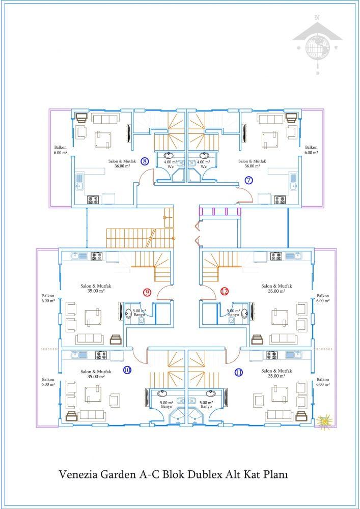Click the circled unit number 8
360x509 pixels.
(145, 161)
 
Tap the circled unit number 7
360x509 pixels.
(248, 180)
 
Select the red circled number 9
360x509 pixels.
(147, 292)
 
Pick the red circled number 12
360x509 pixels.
(225, 292)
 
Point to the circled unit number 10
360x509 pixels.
(127, 370)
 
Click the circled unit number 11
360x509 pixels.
(239, 373)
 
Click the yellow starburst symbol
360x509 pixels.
(324, 421)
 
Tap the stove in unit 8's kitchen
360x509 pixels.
(94, 200)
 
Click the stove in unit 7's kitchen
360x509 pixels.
(280, 200)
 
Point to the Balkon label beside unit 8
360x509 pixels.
(61, 148)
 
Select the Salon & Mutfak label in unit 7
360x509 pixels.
(252, 161)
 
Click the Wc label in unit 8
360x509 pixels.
(171, 167)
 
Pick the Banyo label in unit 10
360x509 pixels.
(167, 406)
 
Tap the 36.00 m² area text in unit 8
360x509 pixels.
(122, 166)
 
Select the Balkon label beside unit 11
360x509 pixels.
(323, 379)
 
